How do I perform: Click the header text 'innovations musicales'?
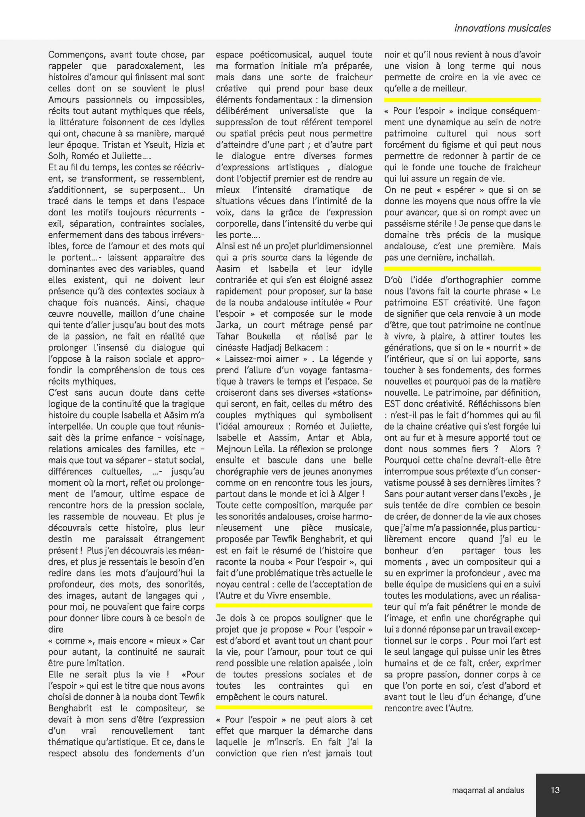502,28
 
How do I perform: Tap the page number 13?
555,790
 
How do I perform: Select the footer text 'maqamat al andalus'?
488,790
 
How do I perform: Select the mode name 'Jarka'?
228,325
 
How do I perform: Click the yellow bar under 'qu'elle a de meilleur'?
462,100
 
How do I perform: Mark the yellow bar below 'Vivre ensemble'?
294,606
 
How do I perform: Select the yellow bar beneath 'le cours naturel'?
294,707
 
